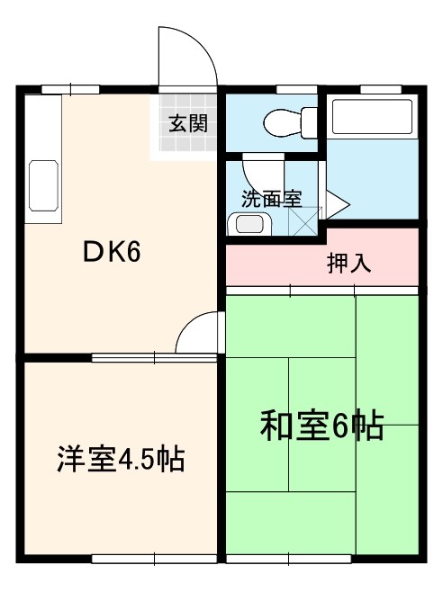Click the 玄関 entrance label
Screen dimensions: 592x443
click(x=187, y=123)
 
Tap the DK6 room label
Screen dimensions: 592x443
click(x=112, y=253)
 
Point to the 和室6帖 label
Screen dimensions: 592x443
click(x=321, y=425)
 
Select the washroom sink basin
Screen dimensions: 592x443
click(x=247, y=225)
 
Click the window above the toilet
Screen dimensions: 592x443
click(x=289, y=89)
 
